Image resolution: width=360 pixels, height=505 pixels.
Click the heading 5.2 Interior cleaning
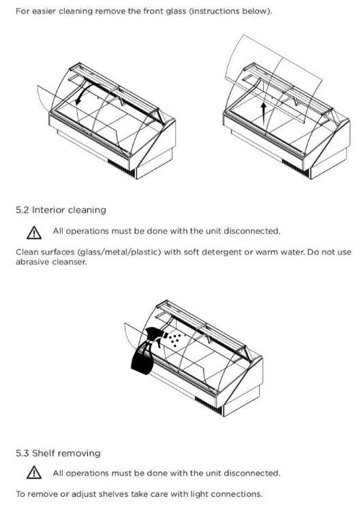click(x=61, y=210)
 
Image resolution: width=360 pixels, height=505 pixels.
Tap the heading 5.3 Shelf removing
click(x=58, y=454)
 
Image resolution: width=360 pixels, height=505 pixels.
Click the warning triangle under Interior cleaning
click(x=34, y=232)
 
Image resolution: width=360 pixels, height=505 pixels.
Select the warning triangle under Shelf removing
click(x=34, y=473)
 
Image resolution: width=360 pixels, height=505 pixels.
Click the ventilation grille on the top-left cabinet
click(x=121, y=168)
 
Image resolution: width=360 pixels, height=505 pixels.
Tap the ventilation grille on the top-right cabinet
click(x=296, y=168)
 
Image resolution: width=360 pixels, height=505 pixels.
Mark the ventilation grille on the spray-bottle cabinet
click(x=208, y=405)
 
